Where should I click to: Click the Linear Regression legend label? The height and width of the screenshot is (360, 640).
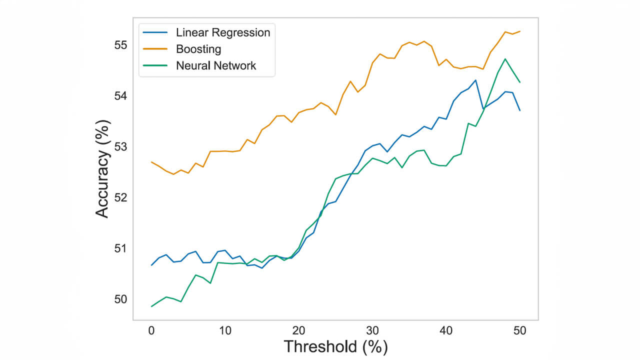coord(223,33)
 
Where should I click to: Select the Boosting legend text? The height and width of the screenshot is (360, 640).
coord(198,49)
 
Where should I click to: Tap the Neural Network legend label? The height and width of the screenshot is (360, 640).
coord(216,65)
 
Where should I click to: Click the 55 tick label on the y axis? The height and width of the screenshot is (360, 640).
coord(120,45)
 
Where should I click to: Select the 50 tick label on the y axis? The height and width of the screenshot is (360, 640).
coord(120,299)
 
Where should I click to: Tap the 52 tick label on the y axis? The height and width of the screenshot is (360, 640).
coord(120,197)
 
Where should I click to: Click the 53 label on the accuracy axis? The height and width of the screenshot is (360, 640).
coord(120,147)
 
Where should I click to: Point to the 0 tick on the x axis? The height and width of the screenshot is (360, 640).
coord(151,330)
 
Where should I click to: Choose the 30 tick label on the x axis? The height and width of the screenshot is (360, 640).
coord(372,330)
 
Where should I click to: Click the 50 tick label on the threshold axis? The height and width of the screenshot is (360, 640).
coord(520,330)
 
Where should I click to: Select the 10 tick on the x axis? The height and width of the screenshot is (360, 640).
coord(225,330)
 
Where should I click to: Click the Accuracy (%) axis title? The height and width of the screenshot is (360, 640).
coord(102,169)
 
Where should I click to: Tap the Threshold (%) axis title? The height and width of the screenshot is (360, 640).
coord(335,346)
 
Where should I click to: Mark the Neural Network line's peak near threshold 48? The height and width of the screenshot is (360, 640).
coord(505,59)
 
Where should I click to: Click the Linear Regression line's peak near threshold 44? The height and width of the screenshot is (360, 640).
coord(475,80)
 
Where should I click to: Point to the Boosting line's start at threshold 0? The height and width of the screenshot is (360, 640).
coord(151,162)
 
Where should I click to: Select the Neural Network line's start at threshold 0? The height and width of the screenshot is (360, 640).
coord(151,306)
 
